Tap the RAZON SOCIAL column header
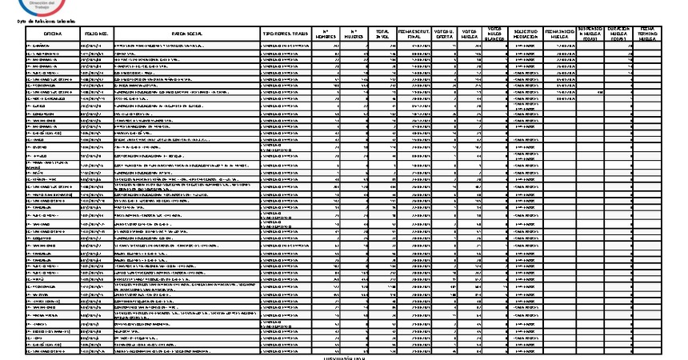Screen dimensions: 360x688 (x=187, y=34)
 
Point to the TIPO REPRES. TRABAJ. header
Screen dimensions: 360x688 (x=286, y=34)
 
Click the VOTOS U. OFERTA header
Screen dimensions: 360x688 (x=445, y=34)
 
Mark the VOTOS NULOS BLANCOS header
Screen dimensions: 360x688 (x=495, y=34)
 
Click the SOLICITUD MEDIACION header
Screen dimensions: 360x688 (x=526, y=34)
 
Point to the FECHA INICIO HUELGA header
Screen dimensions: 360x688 (x=560, y=34)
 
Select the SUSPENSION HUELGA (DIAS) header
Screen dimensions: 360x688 (x=593, y=34)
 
